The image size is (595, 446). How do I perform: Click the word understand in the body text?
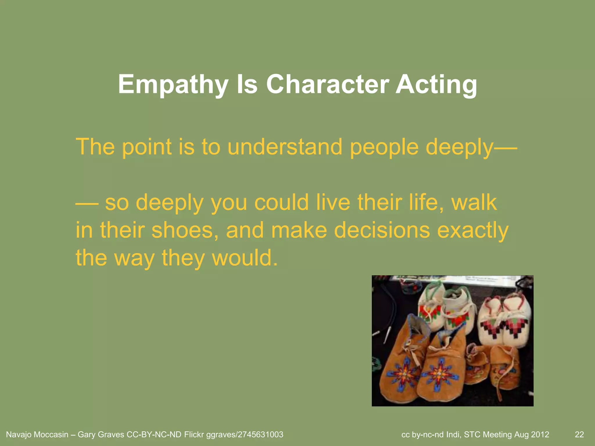(x=285, y=147)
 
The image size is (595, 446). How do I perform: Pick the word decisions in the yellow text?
(x=382, y=230)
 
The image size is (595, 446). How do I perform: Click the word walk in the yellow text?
(x=474, y=202)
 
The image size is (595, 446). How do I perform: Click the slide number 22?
(x=579, y=435)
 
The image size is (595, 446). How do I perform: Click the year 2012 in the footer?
(x=540, y=435)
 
